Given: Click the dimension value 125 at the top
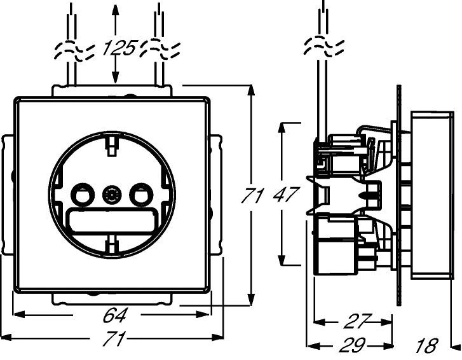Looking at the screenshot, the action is click(x=119, y=48).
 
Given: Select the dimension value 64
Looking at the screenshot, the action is click(x=115, y=315).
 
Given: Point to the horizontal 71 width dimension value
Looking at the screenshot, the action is click(x=114, y=338).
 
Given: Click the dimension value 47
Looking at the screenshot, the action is click(x=286, y=195).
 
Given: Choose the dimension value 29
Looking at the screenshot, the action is click(x=353, y=345).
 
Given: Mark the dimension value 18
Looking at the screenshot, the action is click(x=427, y=345).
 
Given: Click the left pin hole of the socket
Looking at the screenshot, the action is click(x=83, y=195).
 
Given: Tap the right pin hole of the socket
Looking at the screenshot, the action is click(x=141, y=195).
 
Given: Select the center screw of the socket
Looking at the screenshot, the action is click(x=112, y=195).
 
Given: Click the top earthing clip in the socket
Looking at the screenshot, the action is click(x=111, y=146).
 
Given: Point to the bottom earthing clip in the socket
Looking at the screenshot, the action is click(x=111, y=244).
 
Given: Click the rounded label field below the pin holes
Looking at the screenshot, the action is click(x=112, y=220).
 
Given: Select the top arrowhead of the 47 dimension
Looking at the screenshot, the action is click(x=282, y=128).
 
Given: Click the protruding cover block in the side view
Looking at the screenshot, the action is click(x=431, y=195).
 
